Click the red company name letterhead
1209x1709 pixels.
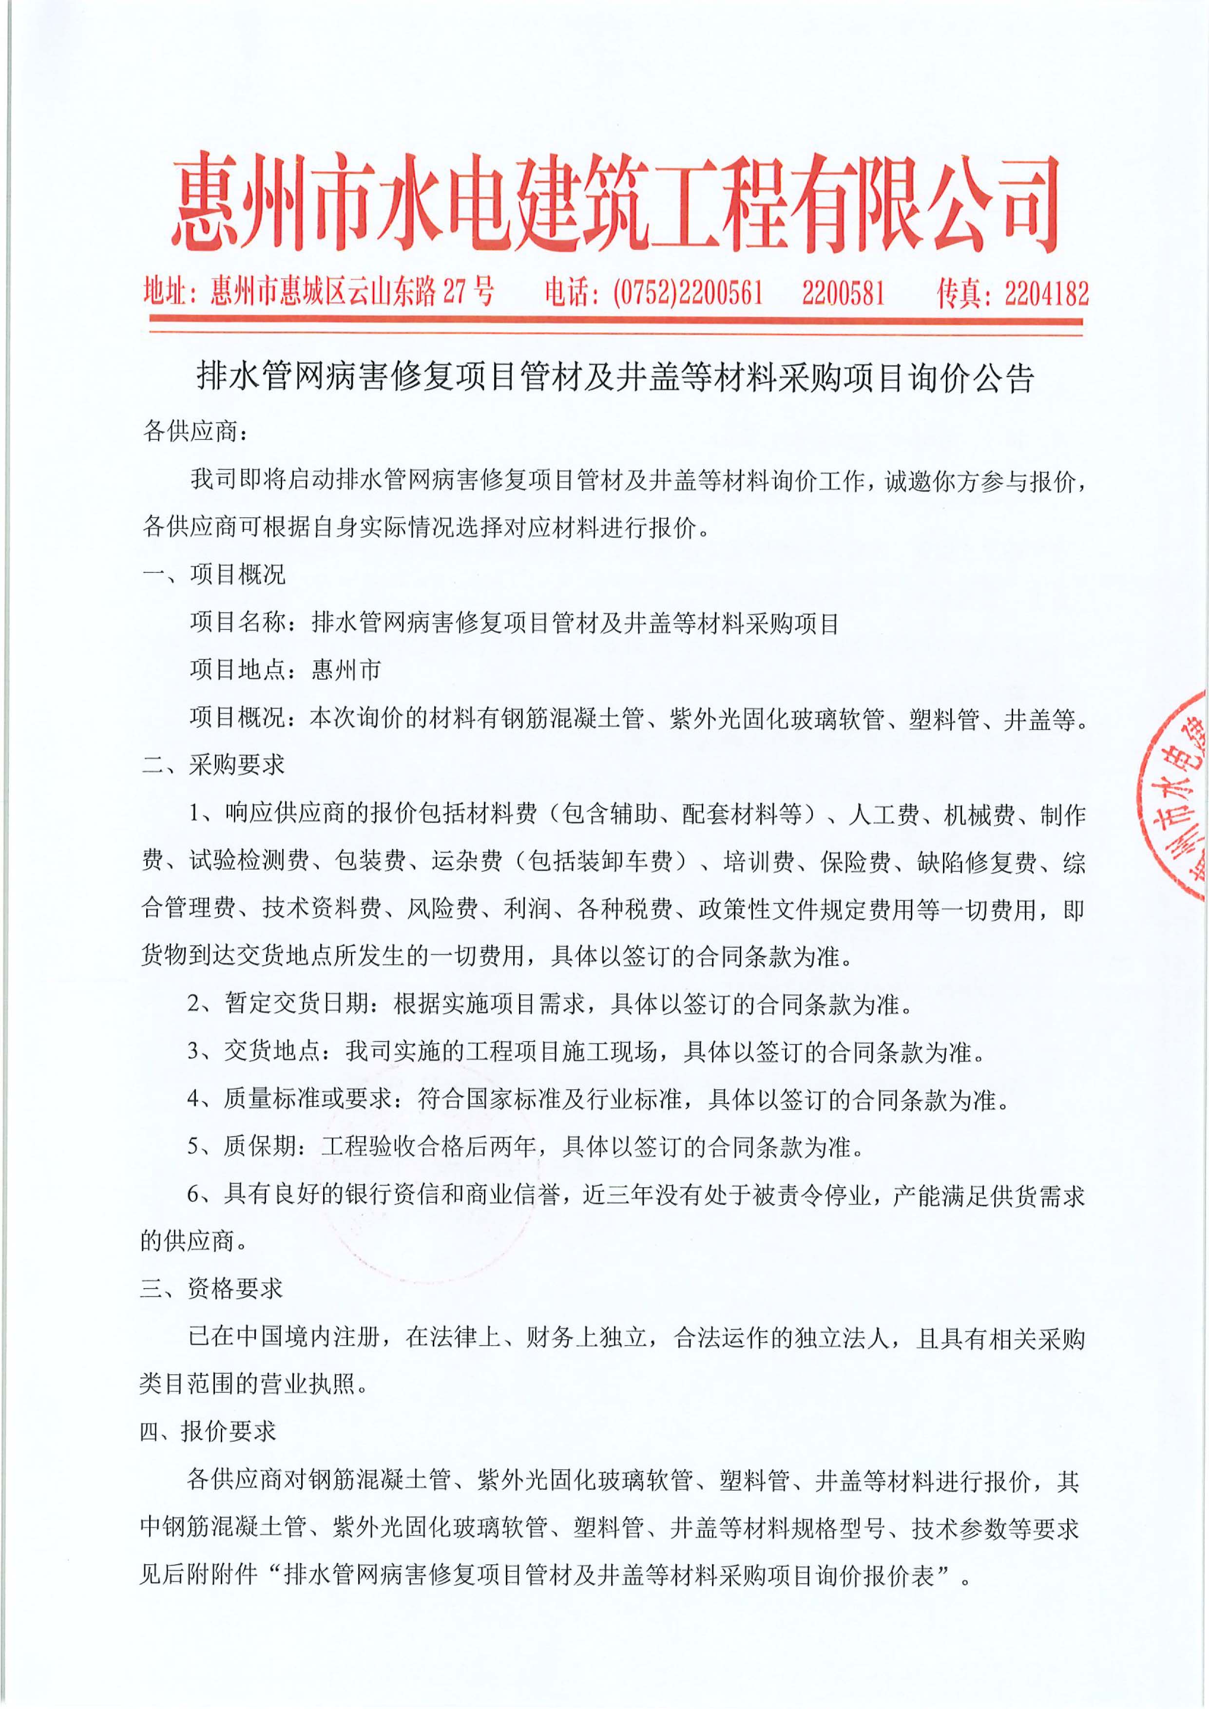click(615, 203)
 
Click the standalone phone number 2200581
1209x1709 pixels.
click(843, 292)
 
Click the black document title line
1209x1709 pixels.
click(615, 378)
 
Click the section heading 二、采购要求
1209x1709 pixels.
click(213, 765)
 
